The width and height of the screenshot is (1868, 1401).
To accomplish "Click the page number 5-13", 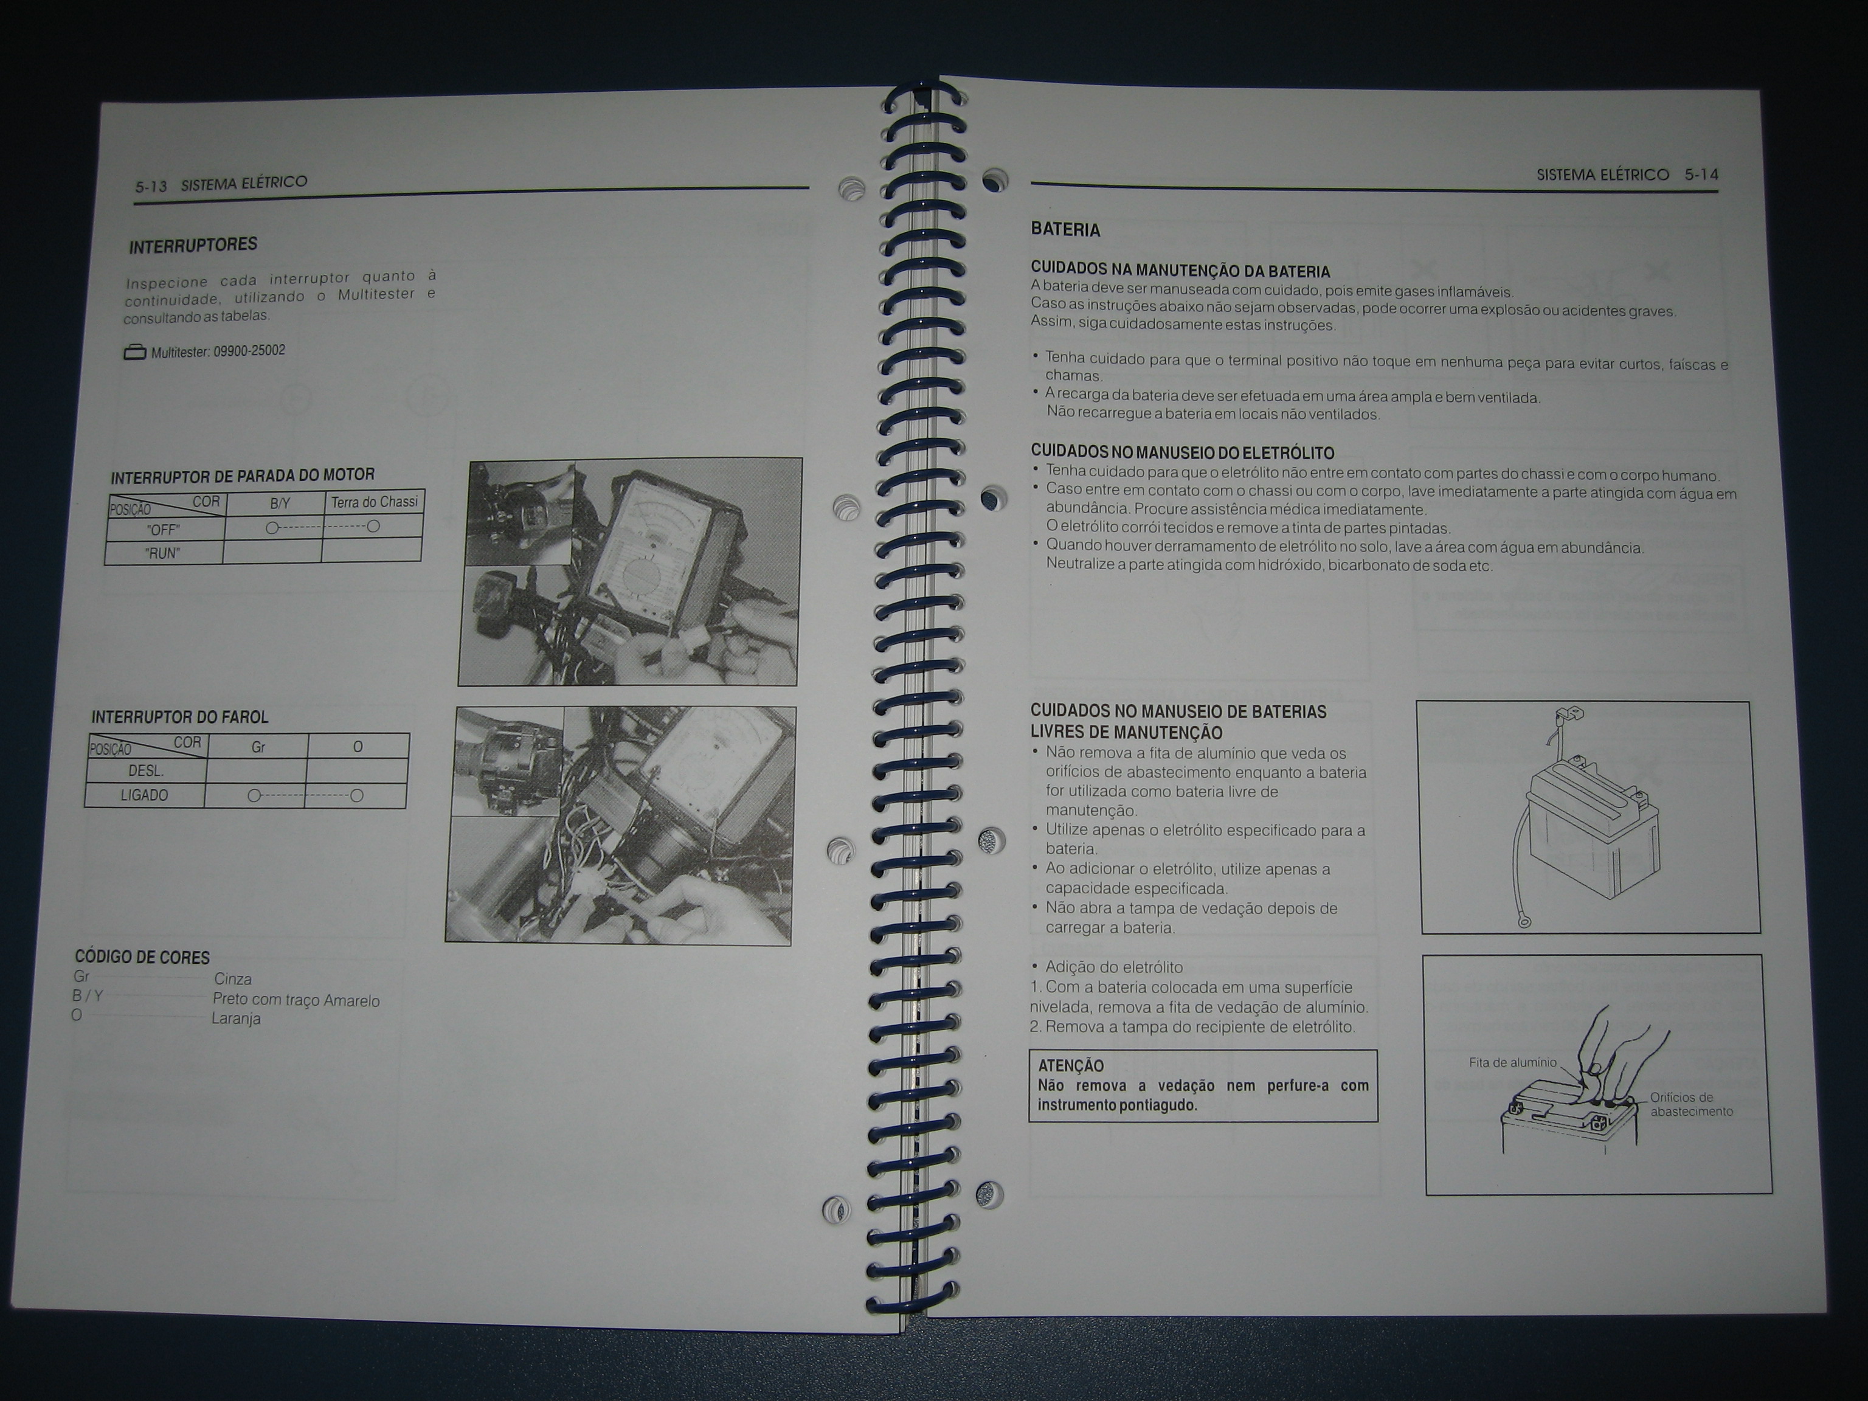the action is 151,187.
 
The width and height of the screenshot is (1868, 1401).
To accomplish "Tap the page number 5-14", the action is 1701,175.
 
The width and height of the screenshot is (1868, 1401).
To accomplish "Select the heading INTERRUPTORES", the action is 193,246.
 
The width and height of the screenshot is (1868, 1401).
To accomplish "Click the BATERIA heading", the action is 1065,230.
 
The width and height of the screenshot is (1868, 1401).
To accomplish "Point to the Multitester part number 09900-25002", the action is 249,350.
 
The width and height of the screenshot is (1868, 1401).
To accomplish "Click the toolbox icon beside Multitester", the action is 135,352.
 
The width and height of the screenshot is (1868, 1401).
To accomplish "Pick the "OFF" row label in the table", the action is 163,530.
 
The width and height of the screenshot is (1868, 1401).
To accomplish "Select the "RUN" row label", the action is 162,554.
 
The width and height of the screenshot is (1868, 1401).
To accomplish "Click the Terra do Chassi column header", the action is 374,502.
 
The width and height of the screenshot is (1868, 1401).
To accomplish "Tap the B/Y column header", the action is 280,504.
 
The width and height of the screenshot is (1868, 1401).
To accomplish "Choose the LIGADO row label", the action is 144,795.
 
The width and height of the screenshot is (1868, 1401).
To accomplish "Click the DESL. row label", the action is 146,771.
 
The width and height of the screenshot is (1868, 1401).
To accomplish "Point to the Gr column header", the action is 258,747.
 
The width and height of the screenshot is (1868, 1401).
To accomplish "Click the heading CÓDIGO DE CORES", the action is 142,956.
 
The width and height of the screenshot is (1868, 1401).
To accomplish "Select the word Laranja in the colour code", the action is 235,1019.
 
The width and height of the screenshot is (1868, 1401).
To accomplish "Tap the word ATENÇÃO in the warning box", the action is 1071,1066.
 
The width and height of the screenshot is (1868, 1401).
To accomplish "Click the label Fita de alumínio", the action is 1512,1062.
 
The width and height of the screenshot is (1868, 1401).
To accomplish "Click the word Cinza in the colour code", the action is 232,980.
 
